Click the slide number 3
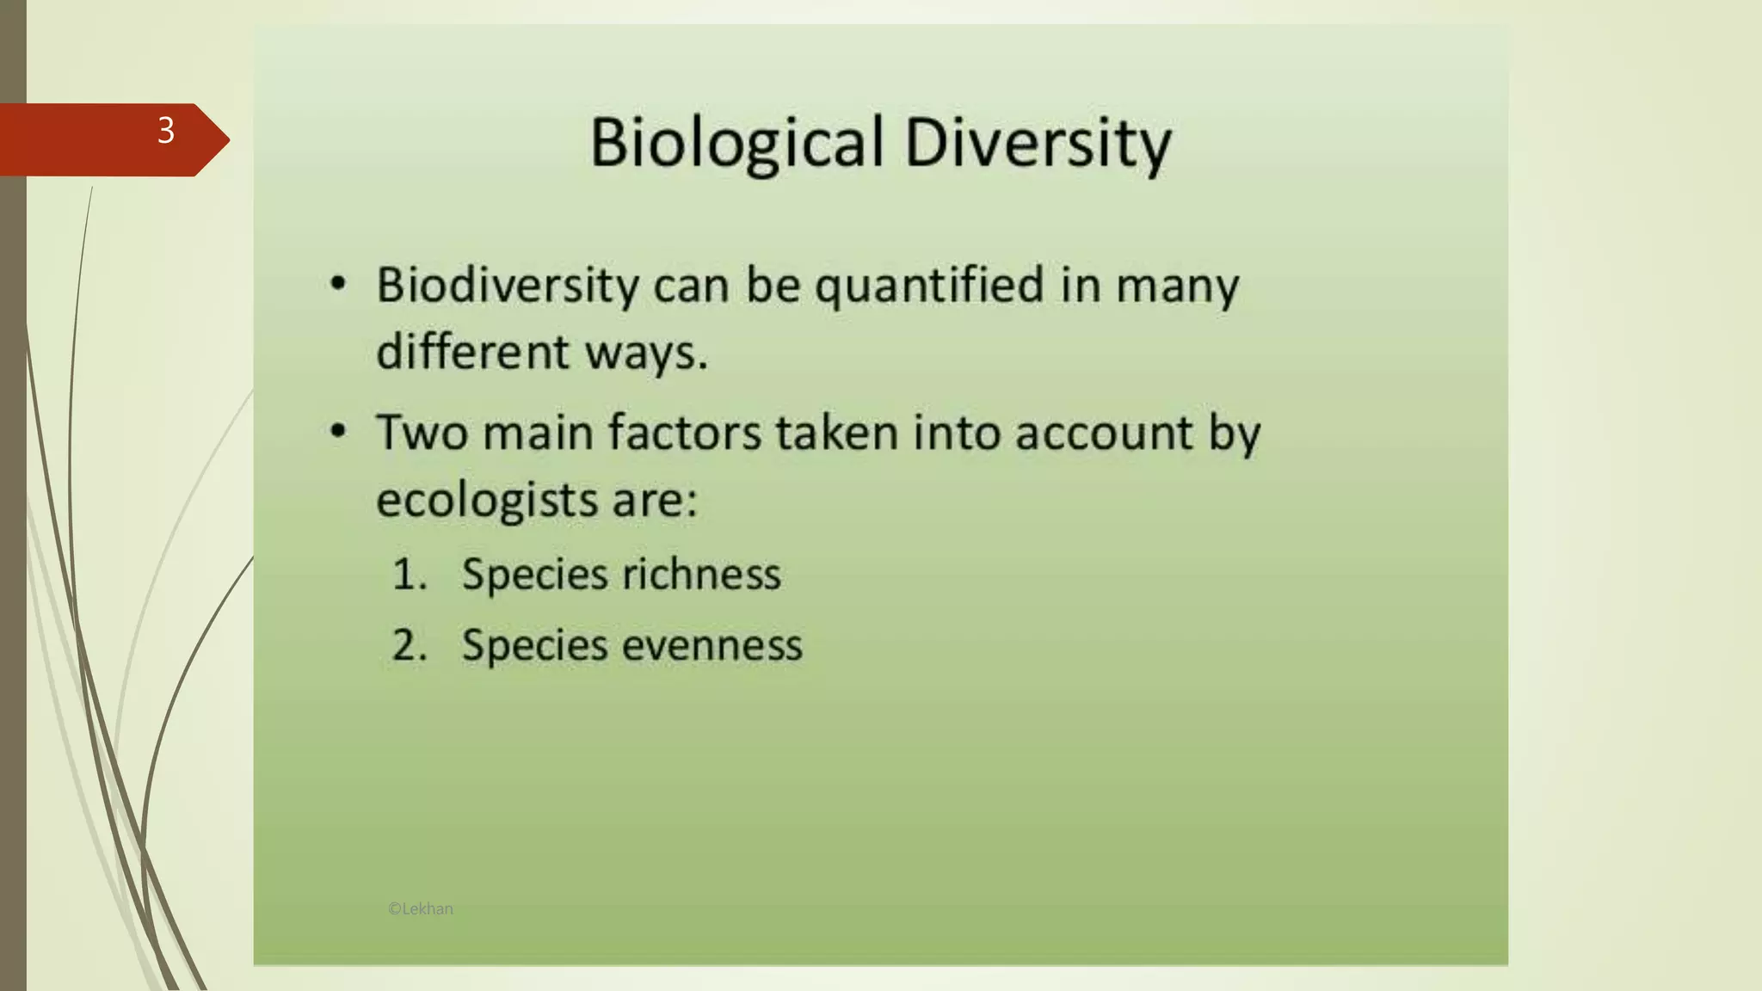(x=166, y=131)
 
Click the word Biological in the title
(x=736, y=142)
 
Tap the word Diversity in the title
(x=1038, y=142)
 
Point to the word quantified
(x=929, y=286)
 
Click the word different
(x=472, y=351)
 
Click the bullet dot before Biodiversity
(x=338, y=283)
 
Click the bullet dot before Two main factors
(x=338, y=430)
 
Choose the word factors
(x=685, y=432)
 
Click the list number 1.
(x=409, y=574)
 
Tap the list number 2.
(x=409, y=645)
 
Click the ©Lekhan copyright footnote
(x=421, y=908)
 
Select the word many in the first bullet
(x=1177, y=286)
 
